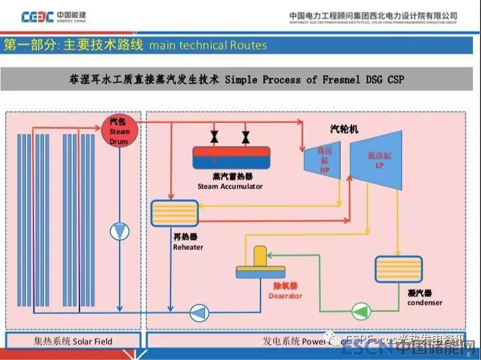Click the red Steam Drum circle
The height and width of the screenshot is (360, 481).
(x=120, y=130)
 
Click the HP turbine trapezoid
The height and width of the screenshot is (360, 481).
(x=321, y=161)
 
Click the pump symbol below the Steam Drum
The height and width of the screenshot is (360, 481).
(x=120, y=231)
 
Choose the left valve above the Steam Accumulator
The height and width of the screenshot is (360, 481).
(x=214, y=138)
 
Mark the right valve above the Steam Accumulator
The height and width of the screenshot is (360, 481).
(x=245, y=138)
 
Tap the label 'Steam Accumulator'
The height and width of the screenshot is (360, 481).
(x=230, y=186)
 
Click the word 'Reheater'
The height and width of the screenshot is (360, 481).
(x=188, y=247)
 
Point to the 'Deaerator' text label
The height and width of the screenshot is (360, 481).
(x=285, y=296)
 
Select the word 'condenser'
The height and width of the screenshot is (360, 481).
(x=424, y=303)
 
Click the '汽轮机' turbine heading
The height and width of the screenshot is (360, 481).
(x=344, y=128)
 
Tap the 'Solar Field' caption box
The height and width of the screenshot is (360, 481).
(x=73, y=341)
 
